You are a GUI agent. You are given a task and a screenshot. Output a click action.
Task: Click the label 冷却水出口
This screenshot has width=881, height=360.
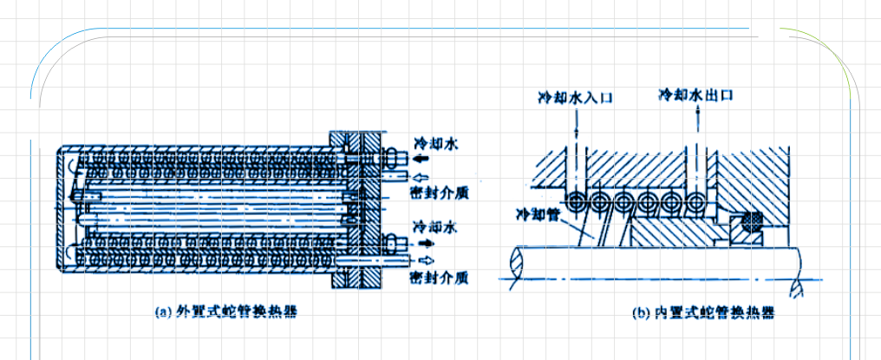point(695,94)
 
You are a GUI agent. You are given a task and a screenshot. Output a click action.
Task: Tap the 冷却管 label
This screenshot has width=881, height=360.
point(538,213)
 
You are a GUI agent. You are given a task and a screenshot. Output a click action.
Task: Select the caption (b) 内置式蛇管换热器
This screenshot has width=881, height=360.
point(702,312)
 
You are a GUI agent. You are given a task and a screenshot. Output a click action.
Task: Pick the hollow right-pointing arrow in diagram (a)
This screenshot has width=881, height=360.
point(424,260)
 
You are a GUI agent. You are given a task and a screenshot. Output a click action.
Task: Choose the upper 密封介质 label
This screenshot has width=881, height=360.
point(439,193)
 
